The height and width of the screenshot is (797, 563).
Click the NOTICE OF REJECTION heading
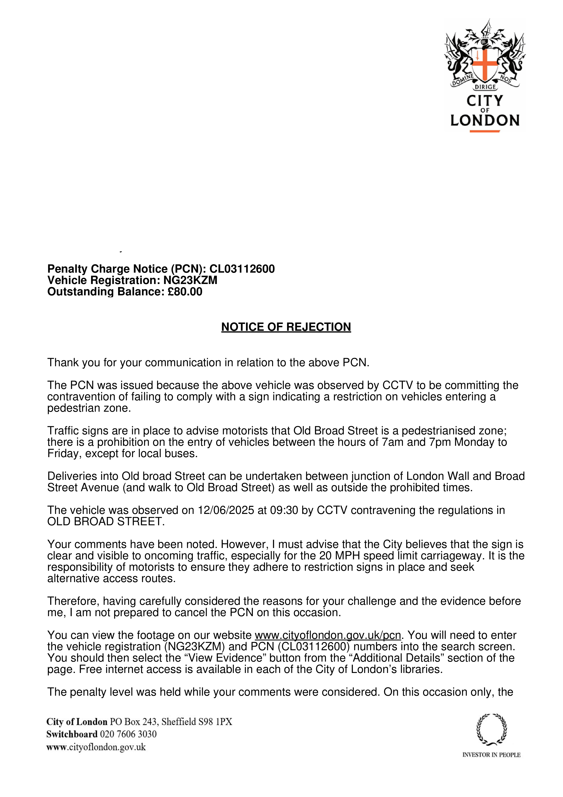coord(286,327)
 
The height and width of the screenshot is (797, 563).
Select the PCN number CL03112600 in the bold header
coord(242,269)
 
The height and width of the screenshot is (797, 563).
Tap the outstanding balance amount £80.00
coord(185,291)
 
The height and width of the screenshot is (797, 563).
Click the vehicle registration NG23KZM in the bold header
coord(191,280)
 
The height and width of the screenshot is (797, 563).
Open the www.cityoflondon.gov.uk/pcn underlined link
coord(328,635)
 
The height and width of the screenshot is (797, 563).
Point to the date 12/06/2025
coord(226,510)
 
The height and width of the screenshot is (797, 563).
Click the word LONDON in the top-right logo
coord(485,120)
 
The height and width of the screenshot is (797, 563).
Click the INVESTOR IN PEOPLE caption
coord(491,755)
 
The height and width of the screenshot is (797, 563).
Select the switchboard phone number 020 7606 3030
coord(128,734)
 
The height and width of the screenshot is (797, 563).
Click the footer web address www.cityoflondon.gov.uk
coord(96,747)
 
